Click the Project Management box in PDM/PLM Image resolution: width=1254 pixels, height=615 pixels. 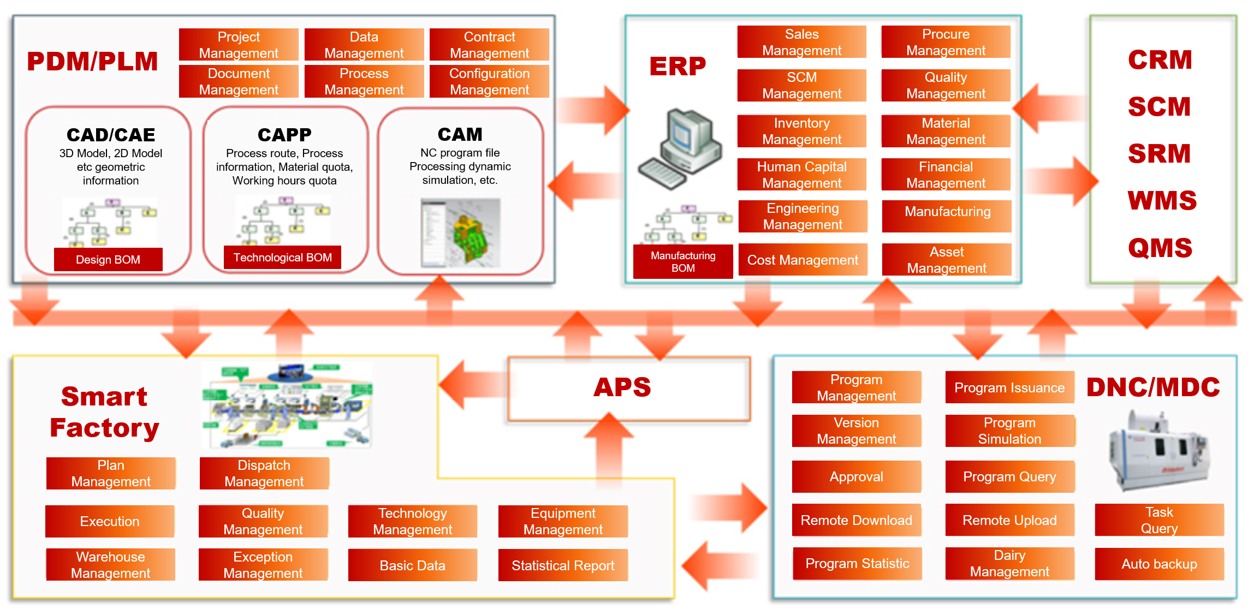239,45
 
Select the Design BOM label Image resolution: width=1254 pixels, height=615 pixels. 108,259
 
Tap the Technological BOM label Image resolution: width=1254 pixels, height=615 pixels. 282,257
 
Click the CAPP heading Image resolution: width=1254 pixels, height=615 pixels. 284,134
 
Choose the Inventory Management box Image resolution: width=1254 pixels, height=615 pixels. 801,131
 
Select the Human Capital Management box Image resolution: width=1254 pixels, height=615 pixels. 801,175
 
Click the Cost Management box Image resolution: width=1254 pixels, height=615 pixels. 803,260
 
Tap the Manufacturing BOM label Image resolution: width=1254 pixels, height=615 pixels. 683,262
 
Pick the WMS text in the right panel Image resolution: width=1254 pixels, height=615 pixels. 1162,200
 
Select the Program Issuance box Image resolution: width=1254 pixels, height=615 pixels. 1009,387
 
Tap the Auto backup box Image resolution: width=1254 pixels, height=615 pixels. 1159,564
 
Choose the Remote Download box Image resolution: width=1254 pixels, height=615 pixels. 856,520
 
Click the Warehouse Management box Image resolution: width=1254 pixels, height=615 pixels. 111,565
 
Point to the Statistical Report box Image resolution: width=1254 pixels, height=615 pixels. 563,565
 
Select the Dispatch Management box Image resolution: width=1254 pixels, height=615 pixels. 264,473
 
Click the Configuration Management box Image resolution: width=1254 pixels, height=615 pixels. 489,81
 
